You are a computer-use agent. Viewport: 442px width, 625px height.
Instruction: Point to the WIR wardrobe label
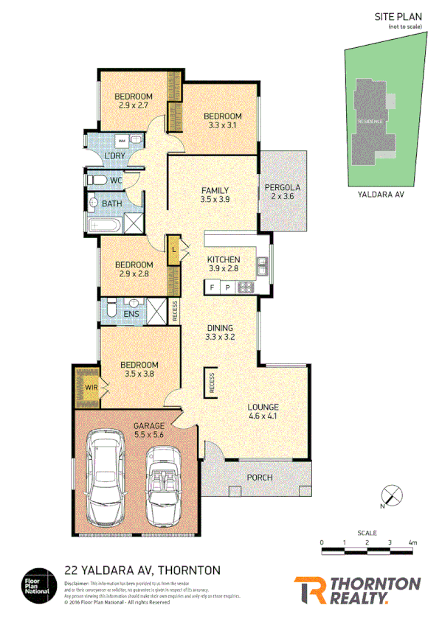pos(89,386)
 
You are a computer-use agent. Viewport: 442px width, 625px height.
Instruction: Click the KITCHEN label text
pos(224,259)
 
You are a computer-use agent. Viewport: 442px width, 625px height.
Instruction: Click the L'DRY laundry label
pos(114,156)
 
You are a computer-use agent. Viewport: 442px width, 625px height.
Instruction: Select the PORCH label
pos(260,478)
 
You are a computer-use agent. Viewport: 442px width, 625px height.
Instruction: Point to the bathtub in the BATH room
pos(103,224)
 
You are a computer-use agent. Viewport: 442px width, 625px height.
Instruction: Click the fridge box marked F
pos(213,287)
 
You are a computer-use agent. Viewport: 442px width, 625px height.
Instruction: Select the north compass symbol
pos(390,495)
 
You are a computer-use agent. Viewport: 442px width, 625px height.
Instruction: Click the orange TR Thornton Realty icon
pos(309,590)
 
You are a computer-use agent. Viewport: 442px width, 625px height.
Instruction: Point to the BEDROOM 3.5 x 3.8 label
pos(139,369)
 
